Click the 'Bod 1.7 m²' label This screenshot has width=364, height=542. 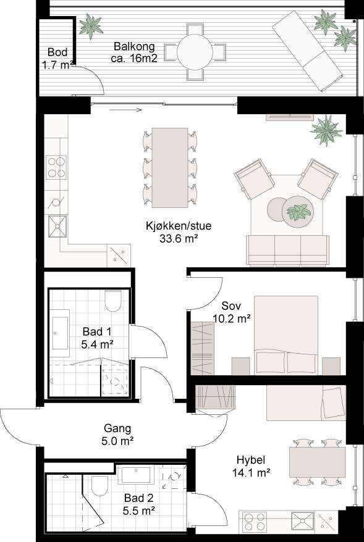[x=57, y=59]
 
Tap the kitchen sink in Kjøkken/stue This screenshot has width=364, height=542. [x=57, y=227]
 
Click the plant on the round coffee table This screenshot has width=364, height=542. [x=300, y=212]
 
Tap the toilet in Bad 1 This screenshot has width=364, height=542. [x=113, y=301]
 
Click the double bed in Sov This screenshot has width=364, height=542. [x=287, y=333]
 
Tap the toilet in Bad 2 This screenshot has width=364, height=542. [x=99, y=487]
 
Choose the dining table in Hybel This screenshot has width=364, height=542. [x=317, y=462]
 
